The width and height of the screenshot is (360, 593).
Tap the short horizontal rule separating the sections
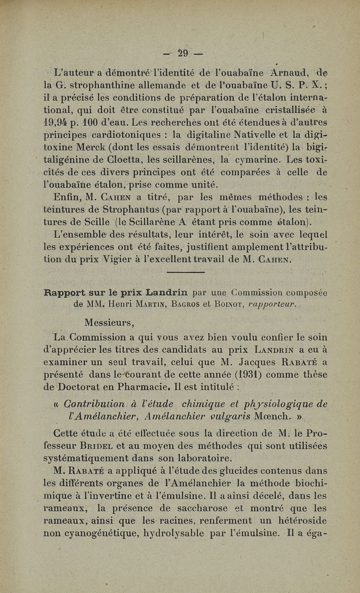click(185, 273)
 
